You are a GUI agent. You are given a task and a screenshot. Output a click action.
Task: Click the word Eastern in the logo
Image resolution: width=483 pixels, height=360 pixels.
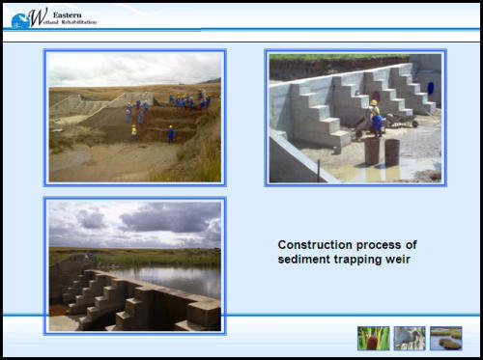coord(69,13)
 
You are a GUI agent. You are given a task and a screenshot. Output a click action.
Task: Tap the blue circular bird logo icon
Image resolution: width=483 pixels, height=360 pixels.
coord(19,18)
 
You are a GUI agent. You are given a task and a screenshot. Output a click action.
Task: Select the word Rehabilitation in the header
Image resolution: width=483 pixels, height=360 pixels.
coord(77,22)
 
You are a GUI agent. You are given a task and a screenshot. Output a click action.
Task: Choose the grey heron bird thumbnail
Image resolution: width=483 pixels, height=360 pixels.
coord(409,337)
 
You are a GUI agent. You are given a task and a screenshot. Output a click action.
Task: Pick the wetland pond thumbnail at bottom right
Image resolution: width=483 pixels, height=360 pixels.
coord(445,337)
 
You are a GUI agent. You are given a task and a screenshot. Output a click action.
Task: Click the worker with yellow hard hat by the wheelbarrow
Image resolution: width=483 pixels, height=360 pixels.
coord(374,117)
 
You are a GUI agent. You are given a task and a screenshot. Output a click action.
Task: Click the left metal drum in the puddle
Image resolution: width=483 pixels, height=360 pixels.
coord(372,152)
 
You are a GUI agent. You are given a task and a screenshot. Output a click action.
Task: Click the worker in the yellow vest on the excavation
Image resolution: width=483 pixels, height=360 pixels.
coord(134,130)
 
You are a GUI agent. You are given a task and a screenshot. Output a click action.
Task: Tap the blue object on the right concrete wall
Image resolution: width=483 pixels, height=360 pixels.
coord(430,87)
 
